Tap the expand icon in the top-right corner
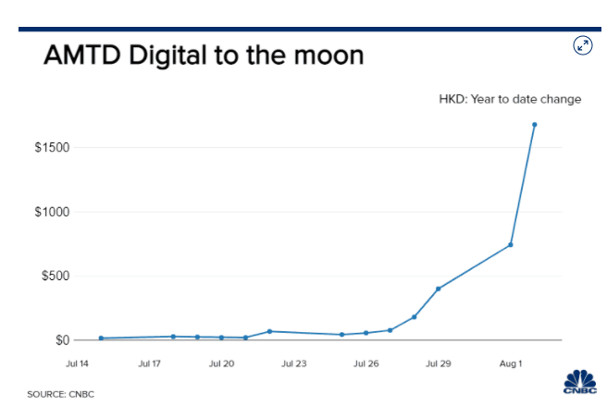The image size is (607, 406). [582, 45]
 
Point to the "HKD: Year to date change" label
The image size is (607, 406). [510, 99]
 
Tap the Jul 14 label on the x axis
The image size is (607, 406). [78, 364]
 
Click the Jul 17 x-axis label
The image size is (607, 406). [150, 364]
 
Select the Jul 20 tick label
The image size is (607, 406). [222, 364]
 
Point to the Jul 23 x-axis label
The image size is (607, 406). [294, 364]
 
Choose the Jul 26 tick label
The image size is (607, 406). [366, 364]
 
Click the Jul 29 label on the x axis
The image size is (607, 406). [439, 364]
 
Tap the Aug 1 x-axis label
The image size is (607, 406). [511, 364]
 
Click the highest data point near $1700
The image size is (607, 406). [535, 125]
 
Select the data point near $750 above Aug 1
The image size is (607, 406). [511, 245]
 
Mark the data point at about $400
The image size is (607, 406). [439, 289]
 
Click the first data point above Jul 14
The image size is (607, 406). [101, 338]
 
